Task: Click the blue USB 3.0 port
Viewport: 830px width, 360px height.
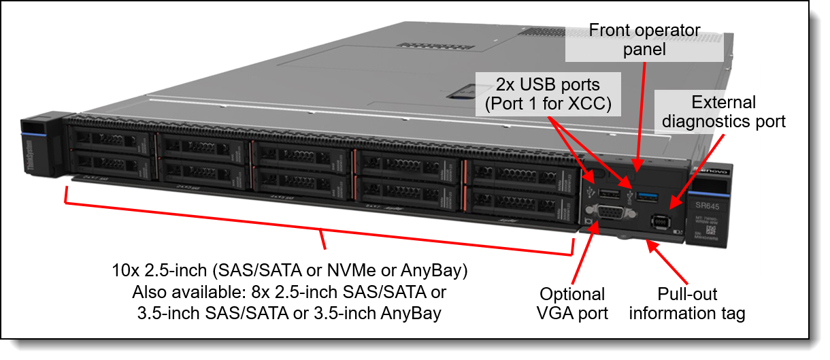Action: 648,197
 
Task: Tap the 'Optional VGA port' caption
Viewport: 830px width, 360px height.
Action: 571,304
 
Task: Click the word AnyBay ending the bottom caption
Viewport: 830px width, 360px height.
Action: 416,313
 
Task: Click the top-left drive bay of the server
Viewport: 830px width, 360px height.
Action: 109,140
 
